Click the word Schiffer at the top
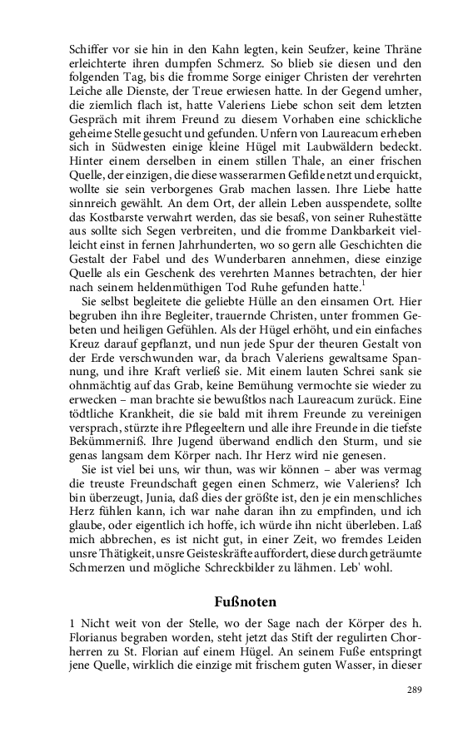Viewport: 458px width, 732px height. point(87,48)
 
